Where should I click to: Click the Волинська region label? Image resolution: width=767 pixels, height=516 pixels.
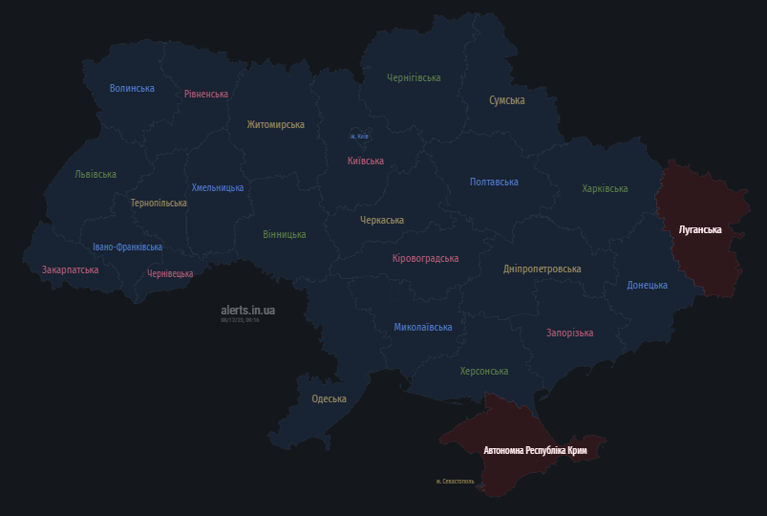pyautogui.click(x=132, y=88)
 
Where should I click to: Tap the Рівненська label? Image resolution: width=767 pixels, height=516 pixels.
pyautogui.click(x=206, y=94)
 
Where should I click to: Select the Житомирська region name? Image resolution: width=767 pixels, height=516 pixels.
pyautogui.click(x=275, y=124)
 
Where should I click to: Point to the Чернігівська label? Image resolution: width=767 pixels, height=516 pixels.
pyautogui.click(x=414, y=77)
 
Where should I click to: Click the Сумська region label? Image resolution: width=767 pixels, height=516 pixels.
pyautogui.click(x=506, y=99)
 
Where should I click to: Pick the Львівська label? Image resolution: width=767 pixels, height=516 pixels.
pyautogui.click(x=96, y=174)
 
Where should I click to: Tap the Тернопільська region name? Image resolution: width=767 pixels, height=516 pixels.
pyautogui.click(x=159, y=203)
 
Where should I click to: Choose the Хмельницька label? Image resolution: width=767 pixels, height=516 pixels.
pyautogui.click(x=218, y=187)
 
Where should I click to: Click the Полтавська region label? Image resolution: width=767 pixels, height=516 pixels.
pyautogui.click(x=494, y=182)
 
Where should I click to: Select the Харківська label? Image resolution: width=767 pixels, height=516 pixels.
pyautogui.click(x=605, y=188)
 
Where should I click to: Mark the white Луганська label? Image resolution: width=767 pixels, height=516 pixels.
pyautogui.click(x=699, y=229)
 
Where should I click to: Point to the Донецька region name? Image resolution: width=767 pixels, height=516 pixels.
pyautogui.click(x=647, y=285)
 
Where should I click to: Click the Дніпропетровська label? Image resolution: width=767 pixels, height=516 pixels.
pyautogui.click(x=542, y=269)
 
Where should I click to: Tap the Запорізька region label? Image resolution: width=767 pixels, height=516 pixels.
pyautogui.click(x=569, y=333)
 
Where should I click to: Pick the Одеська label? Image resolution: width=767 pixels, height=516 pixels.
pyautogui.click(x=329, y=398)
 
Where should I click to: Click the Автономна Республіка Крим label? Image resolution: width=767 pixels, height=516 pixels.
pyautogui.click(x=535, y=449)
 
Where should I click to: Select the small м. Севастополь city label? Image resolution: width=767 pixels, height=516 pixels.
pyautogui.click(x=454, y=481)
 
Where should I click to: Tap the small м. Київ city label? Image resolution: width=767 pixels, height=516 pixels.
pyautogui.click(x=359, y=137)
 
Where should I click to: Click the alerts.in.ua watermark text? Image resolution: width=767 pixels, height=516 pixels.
pyautogui.click(x=247, y=310)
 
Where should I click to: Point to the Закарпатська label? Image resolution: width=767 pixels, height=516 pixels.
pyautogui.click(x=70, y=269)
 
